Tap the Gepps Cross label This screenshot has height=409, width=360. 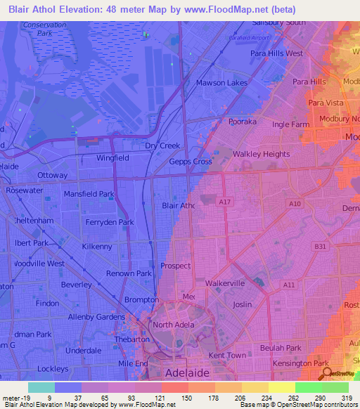(x=191, y=161)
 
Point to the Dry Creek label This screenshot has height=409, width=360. (x=162, y=145)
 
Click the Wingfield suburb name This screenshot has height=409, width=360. (x=112, y=158)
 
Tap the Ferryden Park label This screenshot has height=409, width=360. (x=107, y=222)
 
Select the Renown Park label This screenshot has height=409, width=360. (x=129, y=273)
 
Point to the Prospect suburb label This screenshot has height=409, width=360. (x=176, y=266)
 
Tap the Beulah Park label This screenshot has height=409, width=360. (x=279, y=348)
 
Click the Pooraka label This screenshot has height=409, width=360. (x=243, y=122)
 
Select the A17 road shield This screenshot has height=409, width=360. (x=225, y=202)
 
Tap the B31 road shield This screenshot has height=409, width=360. (x=321, y=246)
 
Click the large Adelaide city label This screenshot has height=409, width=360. (x=188, y=372)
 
